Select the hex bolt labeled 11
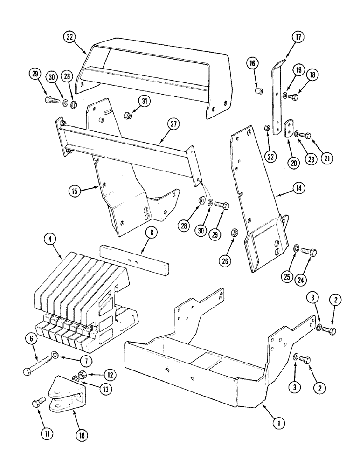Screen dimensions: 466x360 point(37,403)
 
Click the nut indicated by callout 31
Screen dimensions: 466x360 point(125,114)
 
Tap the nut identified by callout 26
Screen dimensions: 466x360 point(236,231)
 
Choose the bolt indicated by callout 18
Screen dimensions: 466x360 point(294,97)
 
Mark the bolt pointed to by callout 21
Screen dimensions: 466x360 point(306,135)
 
